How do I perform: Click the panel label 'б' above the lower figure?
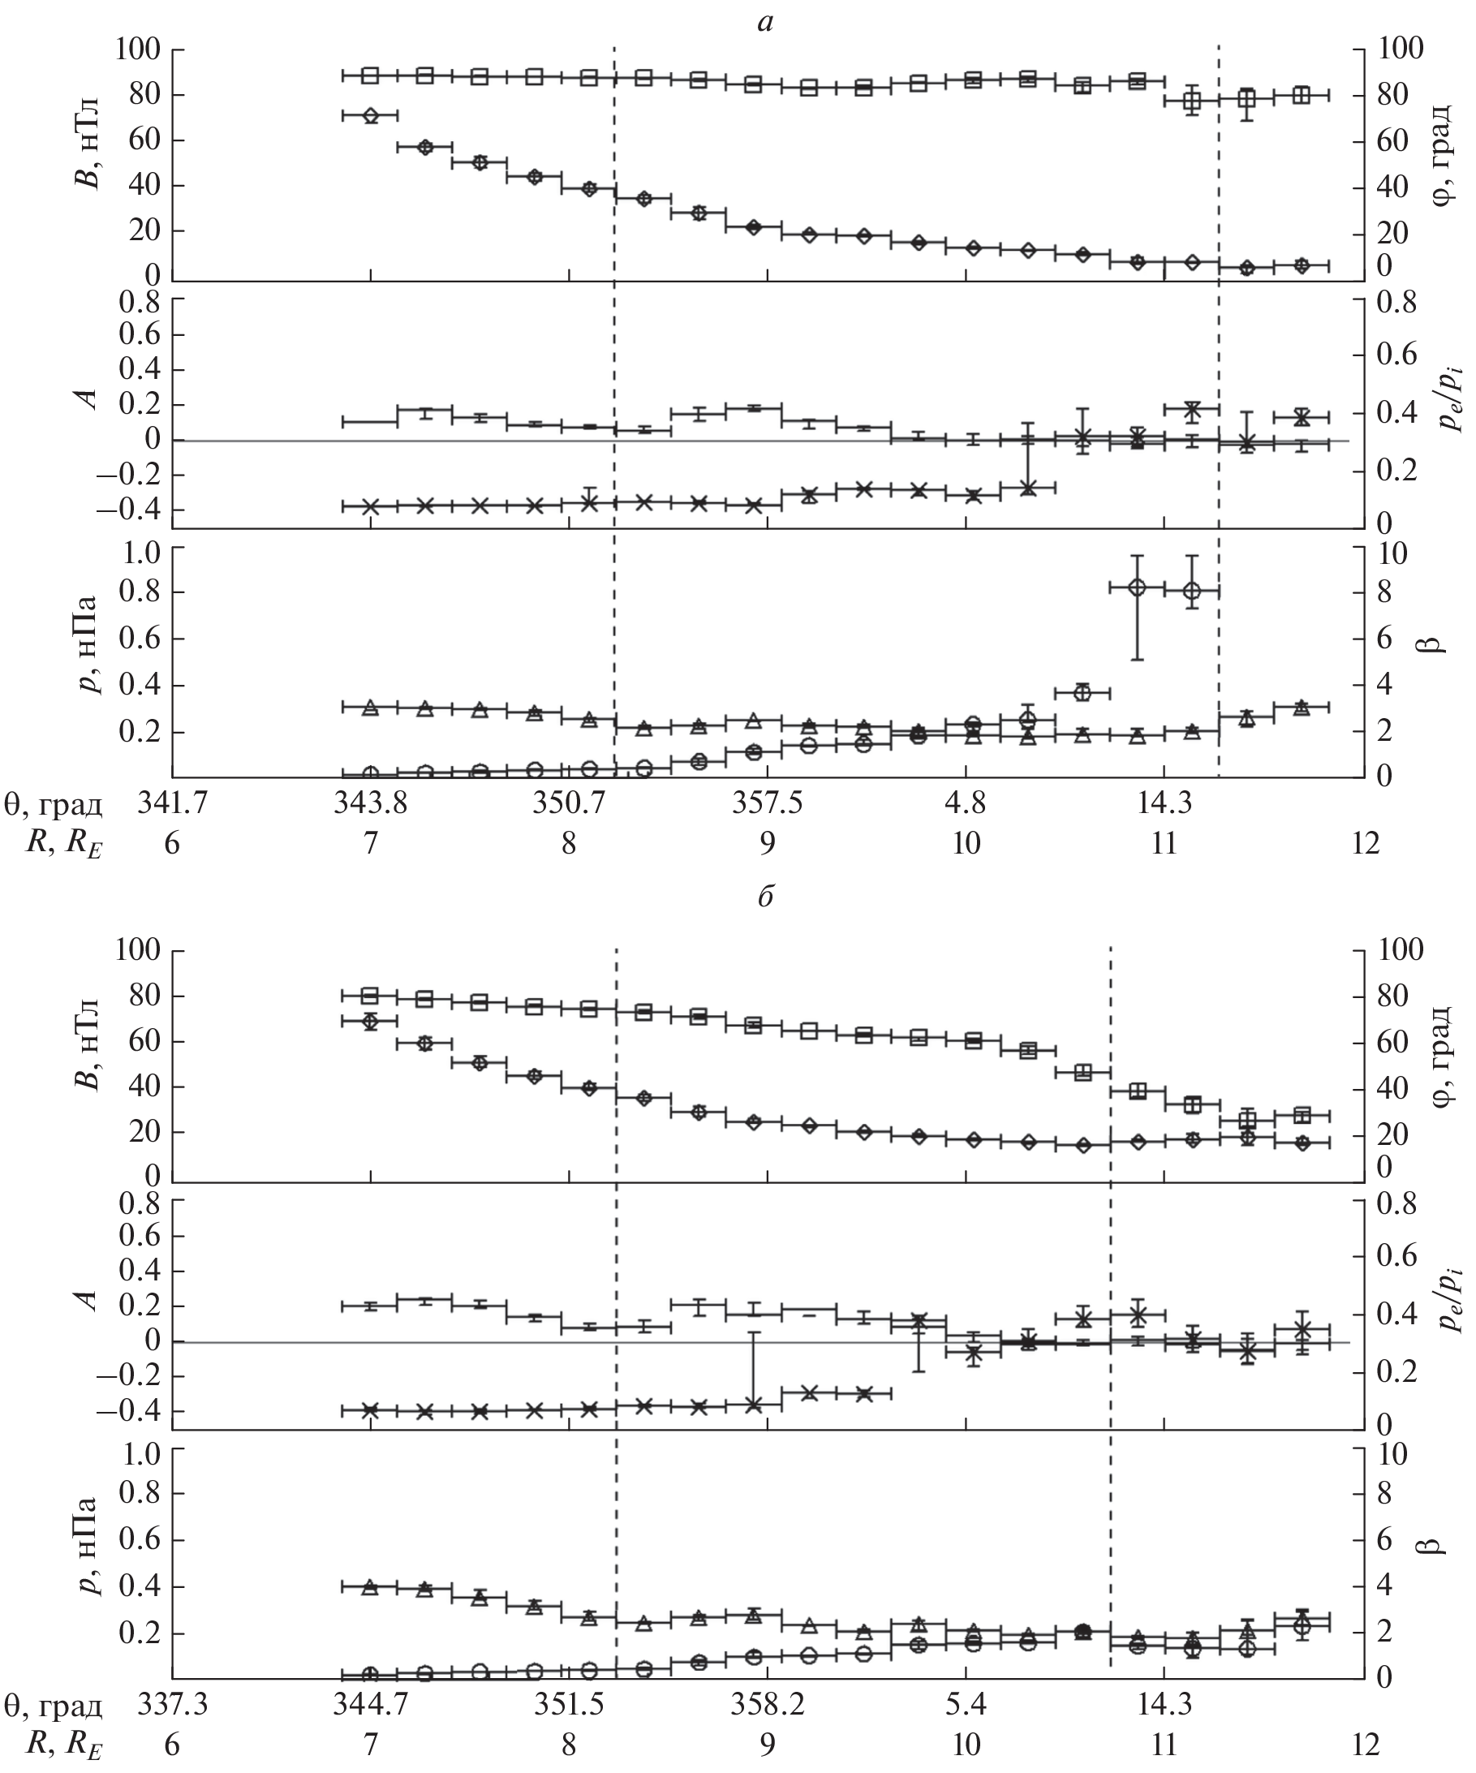[x=765, y=897]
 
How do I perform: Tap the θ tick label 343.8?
[x=370, y=804]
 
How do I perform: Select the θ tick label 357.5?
[x=767, y=804]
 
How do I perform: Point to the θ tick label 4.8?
[x=965, y=804]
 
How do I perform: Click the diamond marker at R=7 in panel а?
[x=370, y=116]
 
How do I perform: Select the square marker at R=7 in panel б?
[x=370, y=996]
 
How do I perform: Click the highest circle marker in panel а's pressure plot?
[x=1137, y=587]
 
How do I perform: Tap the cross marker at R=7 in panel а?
[x=370, y=506]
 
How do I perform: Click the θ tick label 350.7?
[x=568, y=804]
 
